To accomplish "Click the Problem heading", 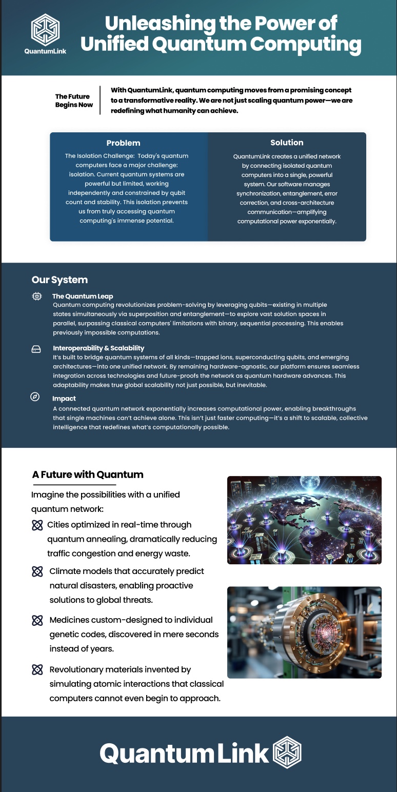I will (123, 143).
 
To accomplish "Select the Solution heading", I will (287, 142).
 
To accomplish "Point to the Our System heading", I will (59, 280).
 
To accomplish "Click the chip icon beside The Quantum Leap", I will (37, 296).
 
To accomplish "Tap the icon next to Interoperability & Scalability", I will (36, 349).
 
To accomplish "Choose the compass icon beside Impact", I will (35, 397).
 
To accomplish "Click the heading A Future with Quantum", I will (88, 474).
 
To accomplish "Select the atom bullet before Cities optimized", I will (37, 525).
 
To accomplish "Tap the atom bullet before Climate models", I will (37, 571).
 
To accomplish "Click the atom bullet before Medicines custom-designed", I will (37, 620).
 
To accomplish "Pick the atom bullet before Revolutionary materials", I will (37, 669).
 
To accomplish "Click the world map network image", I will (304, 520).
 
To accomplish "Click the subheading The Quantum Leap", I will (83, 296).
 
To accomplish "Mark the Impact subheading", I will (64, 398).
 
